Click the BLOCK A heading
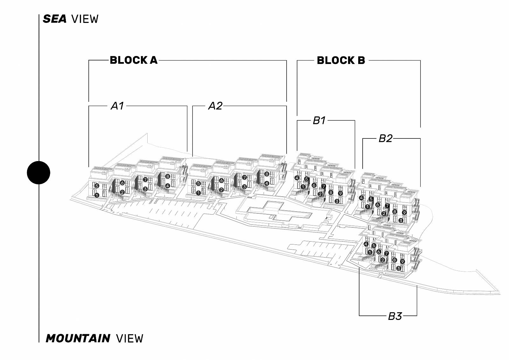[134, 60]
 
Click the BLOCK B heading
[341, 60]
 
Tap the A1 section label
[117, 106]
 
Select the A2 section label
[215, 106]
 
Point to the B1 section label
[319, 121]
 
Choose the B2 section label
[385, 138]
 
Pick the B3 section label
[395, 316]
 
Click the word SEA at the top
[54, 19]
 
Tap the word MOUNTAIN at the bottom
[78, 338]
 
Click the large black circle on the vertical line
[38, 173]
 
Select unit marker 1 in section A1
[97, 195]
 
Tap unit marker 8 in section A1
[168, 176]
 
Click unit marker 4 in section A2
[267, 183]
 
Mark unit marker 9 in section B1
[340, 194]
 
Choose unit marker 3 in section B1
[337, 201]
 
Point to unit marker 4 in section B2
[361, 198]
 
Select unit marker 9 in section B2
[404, 213]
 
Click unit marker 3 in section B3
[398, 268]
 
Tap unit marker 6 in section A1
[122, 183]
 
